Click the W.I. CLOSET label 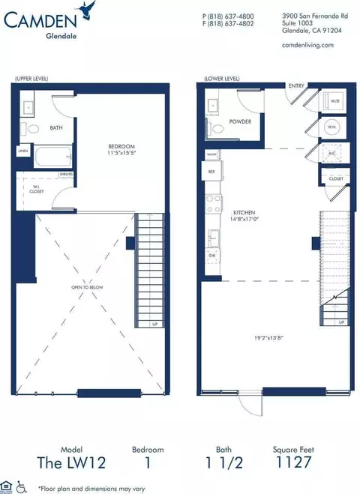pos(36,189)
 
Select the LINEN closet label pos(23,151)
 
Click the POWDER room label pos(240,121)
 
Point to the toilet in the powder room pos(217,129)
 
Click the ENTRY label pos(296,85)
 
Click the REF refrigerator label pos(211,172)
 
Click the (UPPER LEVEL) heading pos(30,78)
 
